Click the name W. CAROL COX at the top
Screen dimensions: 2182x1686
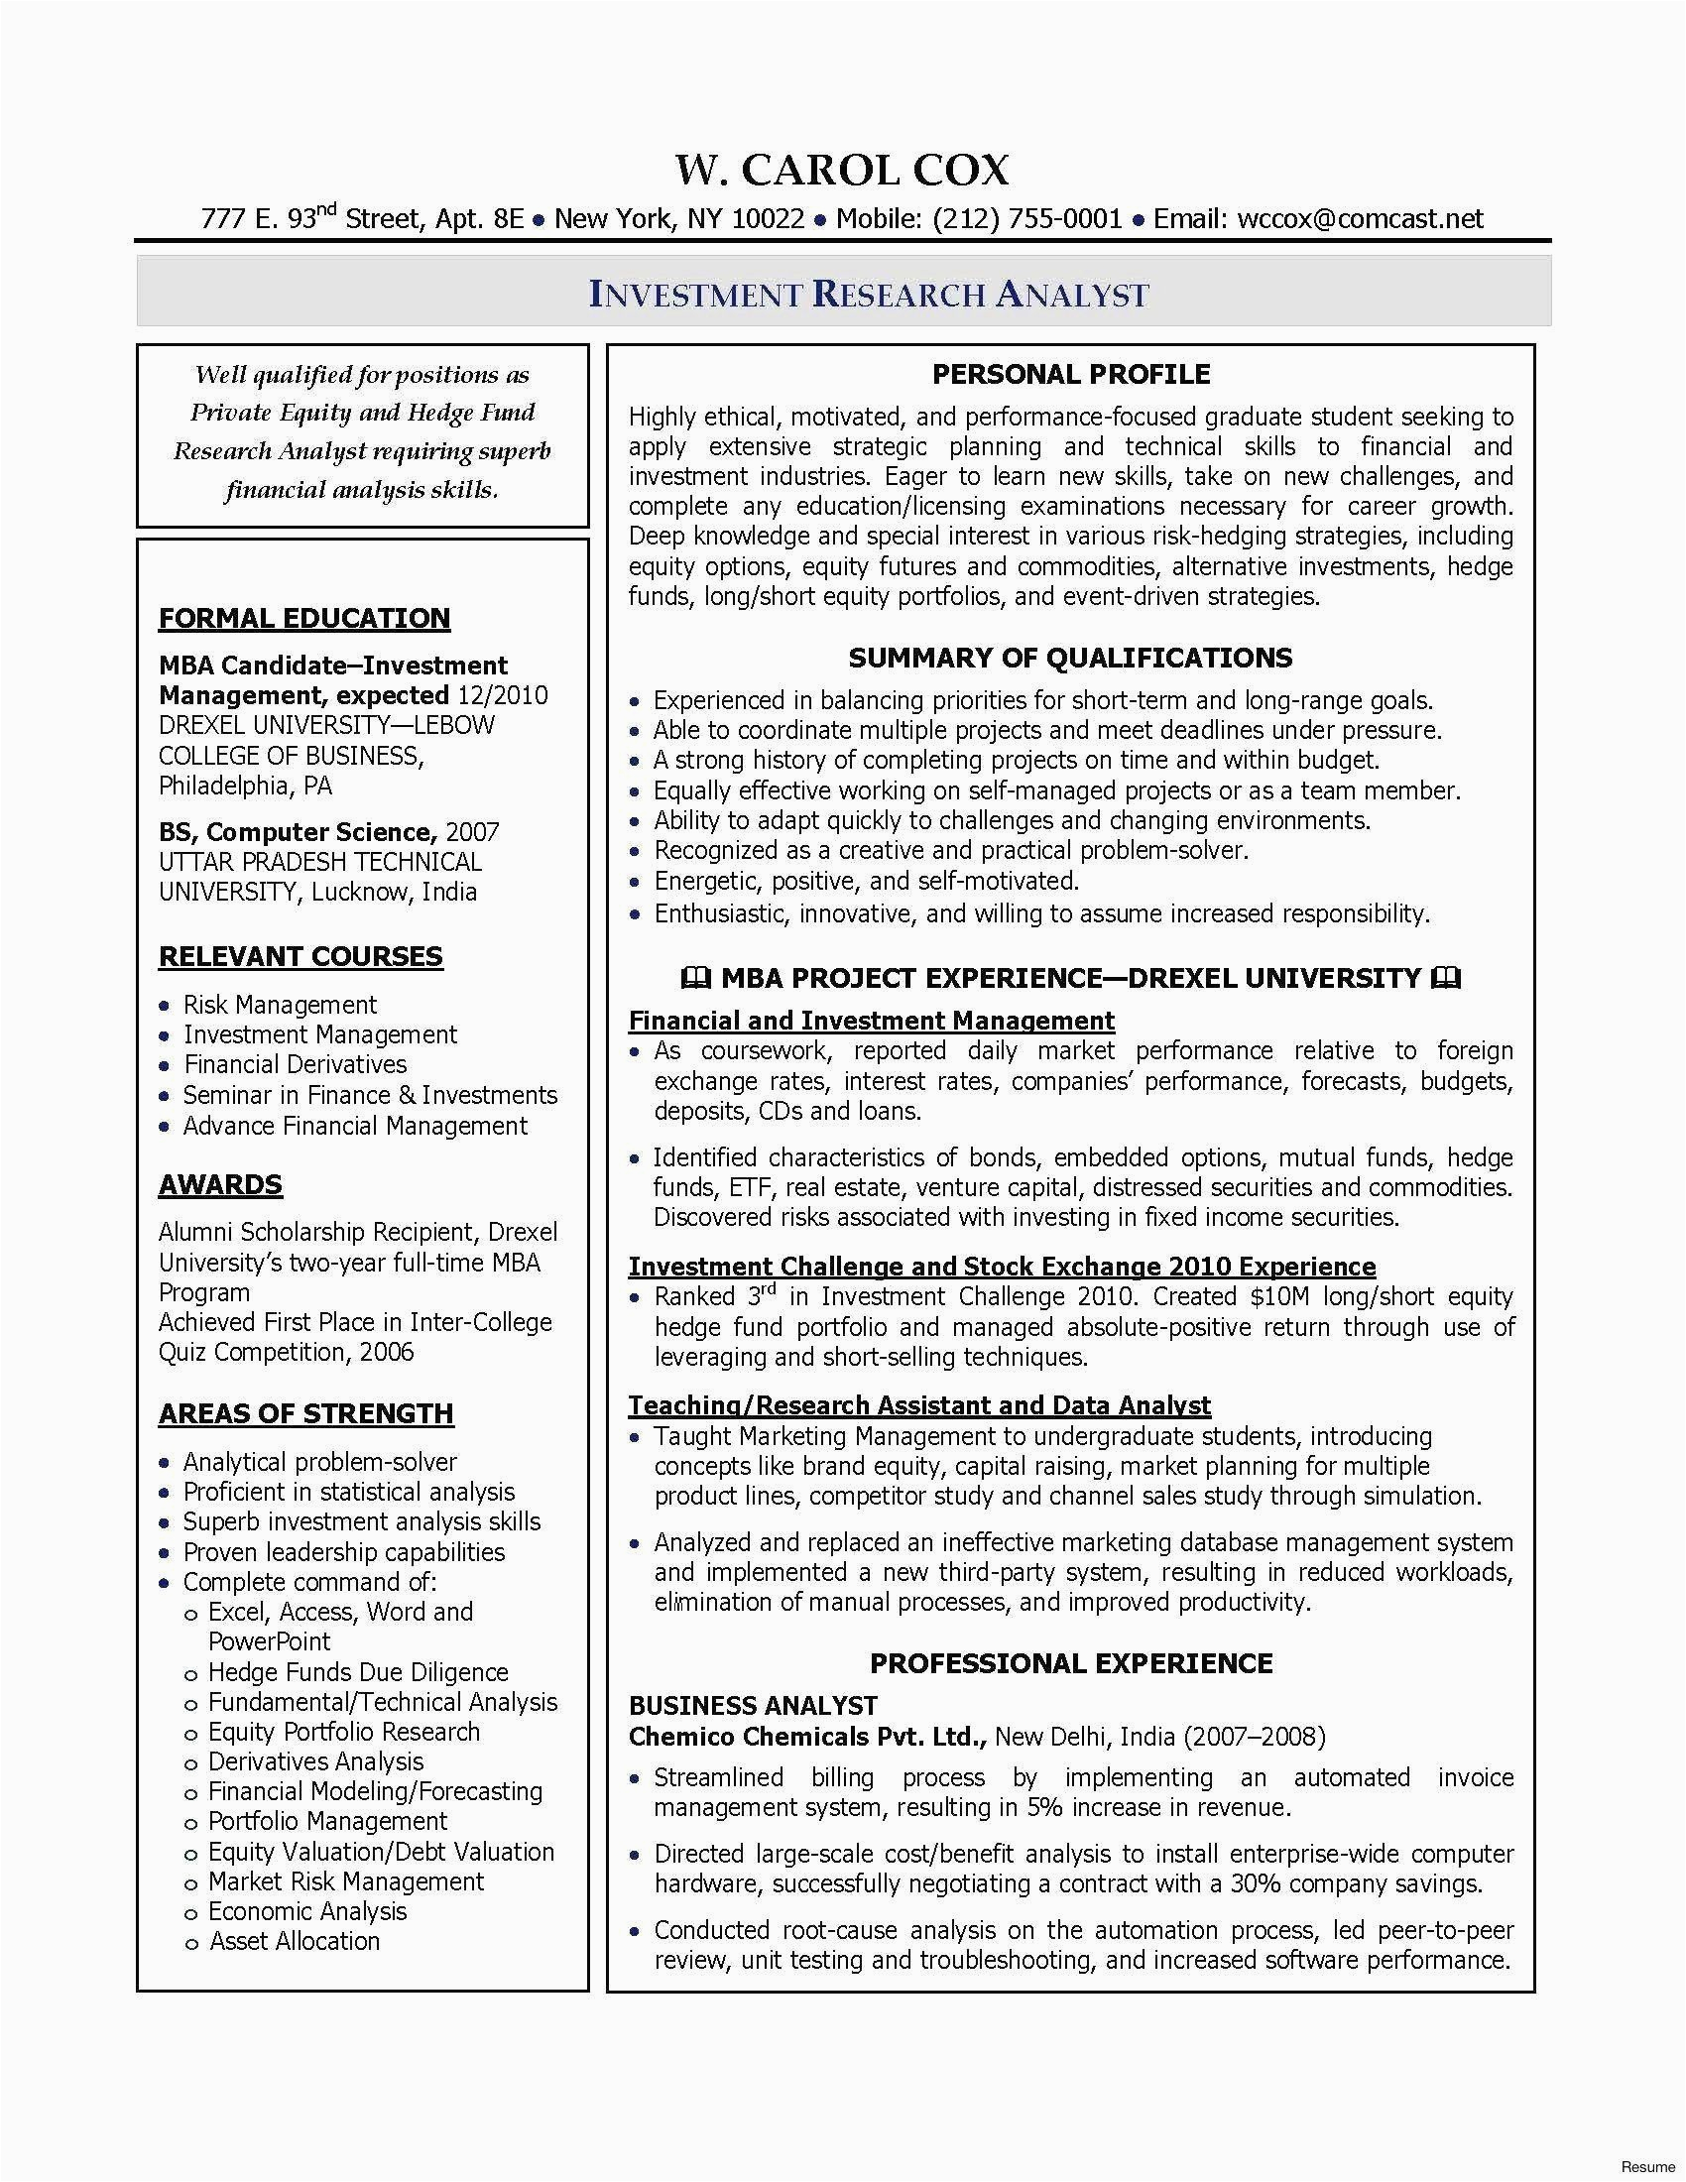pyautogui.click(x=842, y=171)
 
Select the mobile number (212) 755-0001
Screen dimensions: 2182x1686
pyautogui.click(x=1027, y=219)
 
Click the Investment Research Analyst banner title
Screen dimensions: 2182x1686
pyautogui.click(x=869, y=295)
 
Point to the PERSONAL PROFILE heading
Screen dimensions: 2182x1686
pyautogui.click(x=1071, y=375)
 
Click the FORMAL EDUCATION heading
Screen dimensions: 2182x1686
pyautogui.click(x=303, y=619)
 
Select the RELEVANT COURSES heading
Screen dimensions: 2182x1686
pyautogui.click(x=300, y=956)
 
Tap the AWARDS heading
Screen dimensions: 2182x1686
pyautogui.click(x=220, y=1185)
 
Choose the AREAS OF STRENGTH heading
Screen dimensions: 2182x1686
pyautogui.click(x=305, y=1413)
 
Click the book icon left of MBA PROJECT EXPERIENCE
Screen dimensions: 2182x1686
pyautogui.click(x=696, y=978)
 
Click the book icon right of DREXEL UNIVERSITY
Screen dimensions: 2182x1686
pyautogui.click(x=1445, y=978)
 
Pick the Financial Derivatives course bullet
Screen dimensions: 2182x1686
pyautogui.click(x=295, y=1065)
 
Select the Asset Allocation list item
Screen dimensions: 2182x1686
pyautogui.click(x=295, y=1941)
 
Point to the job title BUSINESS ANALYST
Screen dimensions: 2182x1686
pyautogui.click(x=752, y=1706)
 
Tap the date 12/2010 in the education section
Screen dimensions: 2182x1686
pyautogui.click(x=503, y=695)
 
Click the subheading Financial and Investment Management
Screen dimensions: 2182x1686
pyautogui.click(x=871, y=1021)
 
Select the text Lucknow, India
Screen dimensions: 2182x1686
pyautogui.click(x=394, y=893)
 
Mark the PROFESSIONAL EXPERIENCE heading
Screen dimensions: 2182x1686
pyautogui.click(x=1071, y=1663)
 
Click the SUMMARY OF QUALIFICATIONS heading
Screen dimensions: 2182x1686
pyautogui.click(x=1070, y=658)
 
